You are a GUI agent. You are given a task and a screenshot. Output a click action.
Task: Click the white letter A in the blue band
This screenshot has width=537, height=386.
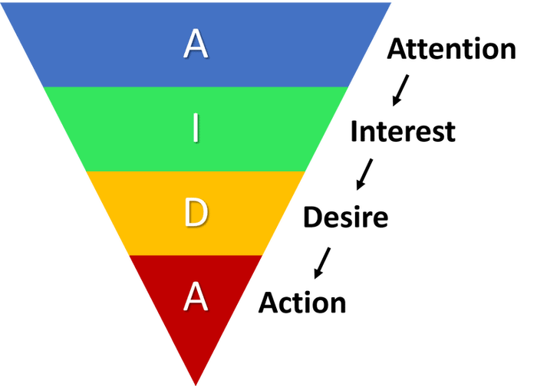click(x=196, y=44)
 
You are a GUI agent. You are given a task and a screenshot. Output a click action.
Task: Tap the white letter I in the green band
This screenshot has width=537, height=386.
click(x=196, y=128)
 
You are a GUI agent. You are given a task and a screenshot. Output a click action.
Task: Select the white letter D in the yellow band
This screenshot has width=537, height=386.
click(x=196, y=213)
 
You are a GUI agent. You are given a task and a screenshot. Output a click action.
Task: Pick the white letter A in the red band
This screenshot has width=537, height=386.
click(x=196, y=296)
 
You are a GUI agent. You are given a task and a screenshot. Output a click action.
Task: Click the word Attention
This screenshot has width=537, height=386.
click(x=451, y=49)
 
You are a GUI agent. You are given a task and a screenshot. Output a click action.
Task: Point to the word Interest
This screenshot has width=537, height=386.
click(x=403, y=131)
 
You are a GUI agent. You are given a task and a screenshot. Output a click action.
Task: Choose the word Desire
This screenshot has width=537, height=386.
click(x=346, y=217)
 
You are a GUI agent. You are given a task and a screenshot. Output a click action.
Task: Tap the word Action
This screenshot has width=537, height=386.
click(x=302, y=303)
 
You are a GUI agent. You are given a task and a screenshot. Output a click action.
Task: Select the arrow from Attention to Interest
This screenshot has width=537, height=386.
click(x=400, y=90)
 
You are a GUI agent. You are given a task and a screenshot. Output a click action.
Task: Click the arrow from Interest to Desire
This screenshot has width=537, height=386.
click(x=364, y=174)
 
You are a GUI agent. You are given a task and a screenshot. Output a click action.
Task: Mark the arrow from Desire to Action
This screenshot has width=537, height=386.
click(x=322, y=263)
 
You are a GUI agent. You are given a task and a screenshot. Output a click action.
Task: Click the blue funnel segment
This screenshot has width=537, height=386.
click(x=196, y=44)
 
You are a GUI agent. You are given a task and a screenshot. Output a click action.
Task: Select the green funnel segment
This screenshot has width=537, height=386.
click(x=196, y=129)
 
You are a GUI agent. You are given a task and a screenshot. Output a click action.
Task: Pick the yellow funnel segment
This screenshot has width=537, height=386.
click(x=196, y=214)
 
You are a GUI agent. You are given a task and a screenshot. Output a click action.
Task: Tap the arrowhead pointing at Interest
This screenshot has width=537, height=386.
click(x=396, y=101)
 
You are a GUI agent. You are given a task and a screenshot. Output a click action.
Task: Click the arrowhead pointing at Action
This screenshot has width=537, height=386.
click(x=318, y=273)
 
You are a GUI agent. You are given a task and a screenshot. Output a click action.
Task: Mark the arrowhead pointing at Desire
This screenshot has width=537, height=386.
click(x=360, y=185)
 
